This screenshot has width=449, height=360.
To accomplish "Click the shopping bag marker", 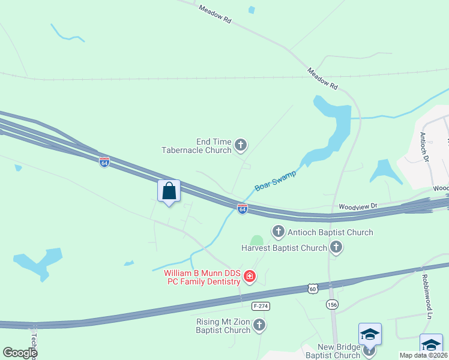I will [x=169, y=191].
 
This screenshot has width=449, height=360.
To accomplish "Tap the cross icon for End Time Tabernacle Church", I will [x=241, y=144].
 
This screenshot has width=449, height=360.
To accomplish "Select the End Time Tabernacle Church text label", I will [x=196, y=146].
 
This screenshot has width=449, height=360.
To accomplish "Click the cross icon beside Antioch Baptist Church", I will [x=278, y=232].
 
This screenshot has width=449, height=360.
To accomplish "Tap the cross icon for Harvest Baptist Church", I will [x=336, y=247].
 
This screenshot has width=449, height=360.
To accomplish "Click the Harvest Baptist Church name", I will [x=284, y=247].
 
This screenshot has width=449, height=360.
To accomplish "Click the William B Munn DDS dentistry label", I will [x=202, y=278].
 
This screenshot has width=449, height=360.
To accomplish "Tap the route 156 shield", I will [x=332, y=305].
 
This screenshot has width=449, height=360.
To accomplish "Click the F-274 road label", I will [x=259, y=305].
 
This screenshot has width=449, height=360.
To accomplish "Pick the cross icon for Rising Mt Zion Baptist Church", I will [x=259, y=325].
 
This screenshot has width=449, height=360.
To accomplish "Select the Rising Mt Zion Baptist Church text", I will [x=223, y=326].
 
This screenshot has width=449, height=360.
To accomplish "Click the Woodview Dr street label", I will [x=358, y=206].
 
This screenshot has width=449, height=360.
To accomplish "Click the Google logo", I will [x=20, y=353].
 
